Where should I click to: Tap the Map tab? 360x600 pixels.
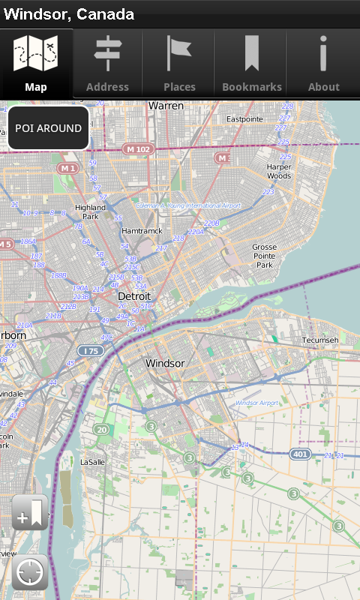coord(36,64)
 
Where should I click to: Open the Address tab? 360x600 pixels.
coord(107,64)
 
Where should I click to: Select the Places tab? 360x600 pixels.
coord(179,64)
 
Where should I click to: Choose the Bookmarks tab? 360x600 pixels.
coord(252,64)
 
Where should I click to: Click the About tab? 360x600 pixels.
coord(324,64)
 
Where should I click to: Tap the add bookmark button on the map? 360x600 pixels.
coord(30,513)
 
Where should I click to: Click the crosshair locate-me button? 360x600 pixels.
coord(30,573)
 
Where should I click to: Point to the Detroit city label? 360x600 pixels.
coord(135,297)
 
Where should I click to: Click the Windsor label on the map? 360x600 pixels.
coord(165,364)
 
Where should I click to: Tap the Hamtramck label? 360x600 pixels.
coord(142,231)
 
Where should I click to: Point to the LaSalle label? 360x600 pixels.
coord(93,462)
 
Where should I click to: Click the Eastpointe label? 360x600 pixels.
coord(244,119)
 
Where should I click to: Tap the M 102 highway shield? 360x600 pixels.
coord(138,149)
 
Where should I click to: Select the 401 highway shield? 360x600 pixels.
coord(301,454)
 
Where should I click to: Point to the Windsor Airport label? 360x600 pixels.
coord(256,403)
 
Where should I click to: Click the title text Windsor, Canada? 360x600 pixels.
coord(69,14)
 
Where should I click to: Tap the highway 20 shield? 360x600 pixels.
coord(101,430)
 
